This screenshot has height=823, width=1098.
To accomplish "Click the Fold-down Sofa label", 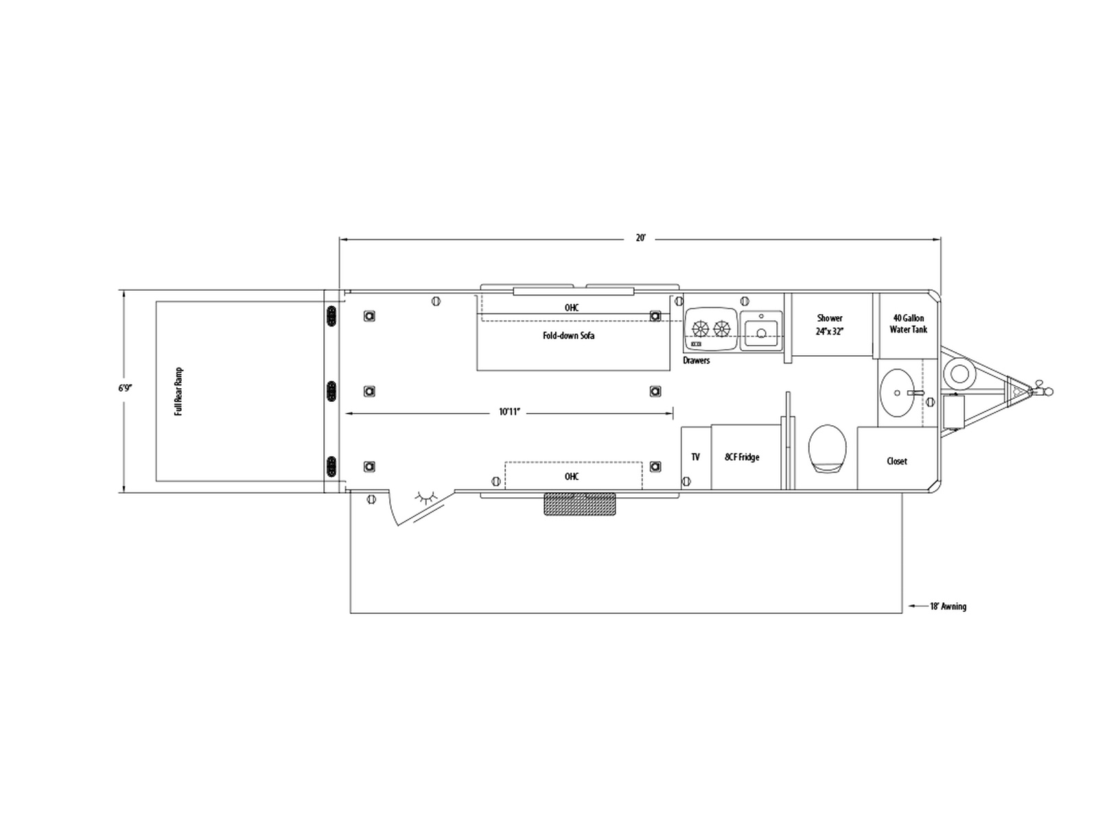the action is (569, 336).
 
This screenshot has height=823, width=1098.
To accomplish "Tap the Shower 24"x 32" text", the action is (830, 324).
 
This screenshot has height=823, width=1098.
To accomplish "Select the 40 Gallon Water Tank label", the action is (909, 324).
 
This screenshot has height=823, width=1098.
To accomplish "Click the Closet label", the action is (897, 461).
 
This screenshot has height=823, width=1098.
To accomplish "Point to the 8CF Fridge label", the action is (742, 457).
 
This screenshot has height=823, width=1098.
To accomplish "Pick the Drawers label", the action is (697, 360).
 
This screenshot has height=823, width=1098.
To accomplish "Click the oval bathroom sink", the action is (897, 393).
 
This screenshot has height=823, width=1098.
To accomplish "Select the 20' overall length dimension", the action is (641, 239).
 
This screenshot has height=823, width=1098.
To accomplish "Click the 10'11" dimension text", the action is (510, 412).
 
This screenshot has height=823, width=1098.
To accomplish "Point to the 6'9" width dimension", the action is (125, 387).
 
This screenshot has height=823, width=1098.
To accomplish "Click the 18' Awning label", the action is (948, 607).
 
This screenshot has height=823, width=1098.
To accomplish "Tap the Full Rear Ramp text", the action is (178, 392).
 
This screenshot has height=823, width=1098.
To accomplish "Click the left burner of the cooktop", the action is (701, 329).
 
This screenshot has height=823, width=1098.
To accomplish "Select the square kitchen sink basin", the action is (761, 331).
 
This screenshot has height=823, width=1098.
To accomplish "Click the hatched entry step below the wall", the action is (580, 504).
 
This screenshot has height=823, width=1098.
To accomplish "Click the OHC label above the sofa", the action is (572, 308).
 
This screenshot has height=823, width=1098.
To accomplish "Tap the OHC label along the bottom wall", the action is (572, 477).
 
